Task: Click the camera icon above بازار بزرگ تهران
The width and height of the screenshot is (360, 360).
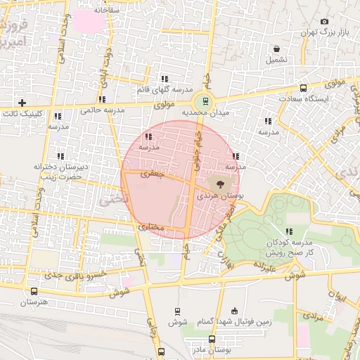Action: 323,22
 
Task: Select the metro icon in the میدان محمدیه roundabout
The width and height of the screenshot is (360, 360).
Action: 205,100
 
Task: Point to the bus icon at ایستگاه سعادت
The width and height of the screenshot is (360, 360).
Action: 303,89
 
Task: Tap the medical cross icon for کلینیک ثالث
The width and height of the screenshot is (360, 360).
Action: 22,103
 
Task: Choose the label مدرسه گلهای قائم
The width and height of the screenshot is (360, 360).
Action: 165,90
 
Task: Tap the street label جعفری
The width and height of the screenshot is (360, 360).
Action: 150,173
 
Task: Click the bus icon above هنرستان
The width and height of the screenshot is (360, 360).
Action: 34,291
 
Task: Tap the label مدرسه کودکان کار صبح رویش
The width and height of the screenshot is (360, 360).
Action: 288,247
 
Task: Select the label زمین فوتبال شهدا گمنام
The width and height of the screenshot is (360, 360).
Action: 235,321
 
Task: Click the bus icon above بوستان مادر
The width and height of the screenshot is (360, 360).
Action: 212,339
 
